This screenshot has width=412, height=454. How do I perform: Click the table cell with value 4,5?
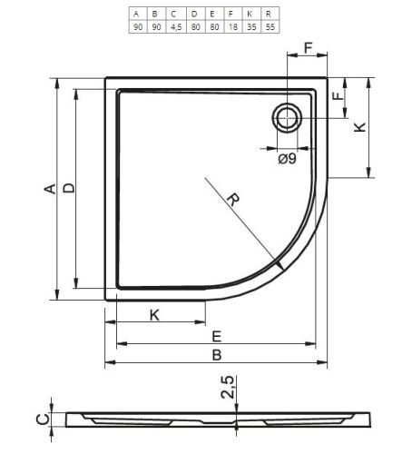click(176, 26)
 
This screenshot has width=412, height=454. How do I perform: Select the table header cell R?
click(269, 14)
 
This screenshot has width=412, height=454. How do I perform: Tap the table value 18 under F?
click(233, 26)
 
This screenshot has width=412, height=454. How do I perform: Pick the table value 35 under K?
click(251, 26)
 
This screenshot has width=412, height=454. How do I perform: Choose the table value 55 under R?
click(270, 26)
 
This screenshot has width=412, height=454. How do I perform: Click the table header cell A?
click(136, 14)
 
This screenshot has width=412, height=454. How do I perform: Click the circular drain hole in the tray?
click(287, 118)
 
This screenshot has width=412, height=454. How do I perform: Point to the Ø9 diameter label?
click(287, 159)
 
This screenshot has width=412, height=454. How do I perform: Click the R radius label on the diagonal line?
click(233, 200)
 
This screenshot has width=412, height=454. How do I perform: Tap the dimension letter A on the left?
click(50, 188)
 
